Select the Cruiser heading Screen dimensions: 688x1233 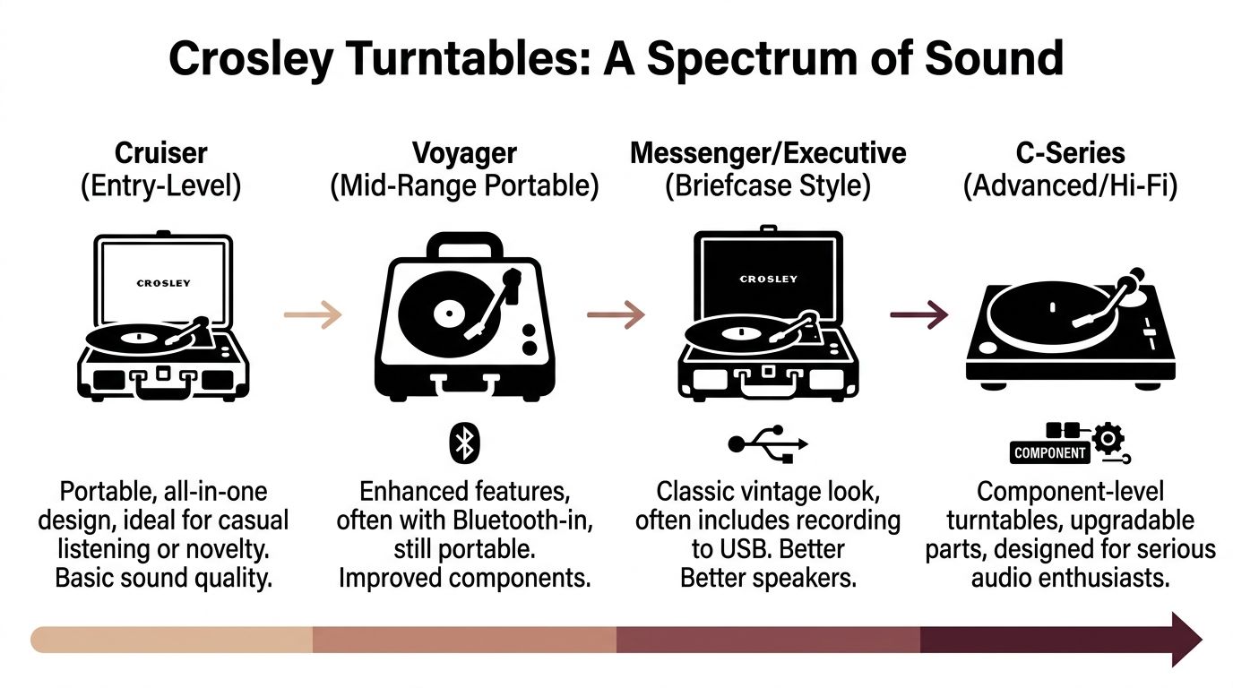[x=161, y=153]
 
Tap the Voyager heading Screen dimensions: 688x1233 [x=464, y=153]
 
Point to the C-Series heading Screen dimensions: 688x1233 [x=1070, y=153]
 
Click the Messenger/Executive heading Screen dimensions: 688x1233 [x=768, y=153]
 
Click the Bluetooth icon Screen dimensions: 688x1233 [x=464, y=443]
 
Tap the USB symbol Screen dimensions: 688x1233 [x=768, y=443]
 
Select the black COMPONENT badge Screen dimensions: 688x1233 [x=1049, y=452]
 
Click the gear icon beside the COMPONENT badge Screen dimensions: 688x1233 [x=1109, y=439]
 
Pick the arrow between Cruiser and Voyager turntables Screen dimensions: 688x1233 [x=313, y=314]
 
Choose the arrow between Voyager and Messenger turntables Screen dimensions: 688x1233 [x=616, y=314]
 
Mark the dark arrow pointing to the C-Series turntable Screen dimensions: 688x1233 [x=919, y=314]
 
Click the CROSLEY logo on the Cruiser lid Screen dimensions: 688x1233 [x=163, y=283]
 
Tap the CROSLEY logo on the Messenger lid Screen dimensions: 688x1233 [x=768, y=279]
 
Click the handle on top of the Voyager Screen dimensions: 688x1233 [x=463, y=245]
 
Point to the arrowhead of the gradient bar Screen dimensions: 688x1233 [x=1184, y=640]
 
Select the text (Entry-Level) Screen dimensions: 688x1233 [x=161, y=186]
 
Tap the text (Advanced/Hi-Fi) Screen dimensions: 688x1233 [x=1070, y=186]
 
